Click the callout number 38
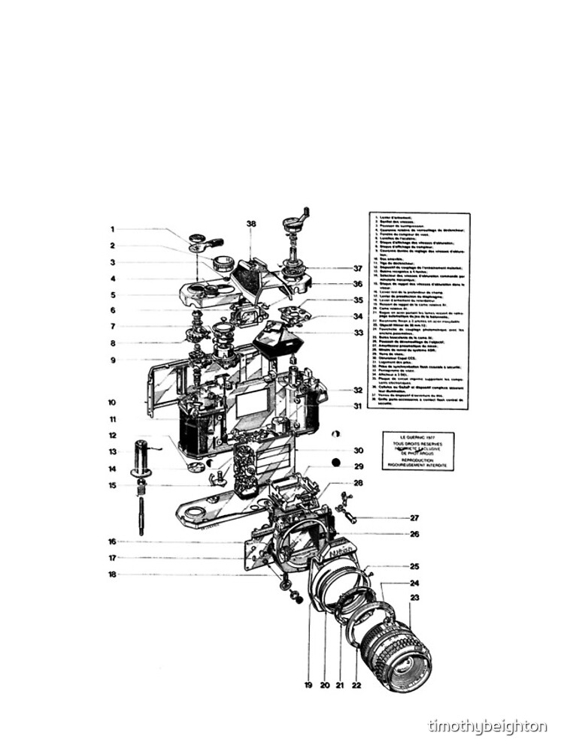pos(250,223)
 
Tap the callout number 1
pos(112,230)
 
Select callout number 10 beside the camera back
pos(112,402)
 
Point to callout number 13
pos(112,452)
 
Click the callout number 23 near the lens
pos(414,599)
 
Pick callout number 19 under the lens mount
pos(308,684)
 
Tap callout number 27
pos(414,517)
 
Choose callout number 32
pos(358,390)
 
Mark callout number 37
pos(358,268)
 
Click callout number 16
pos(112,541)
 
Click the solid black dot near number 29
pos(335,462)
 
